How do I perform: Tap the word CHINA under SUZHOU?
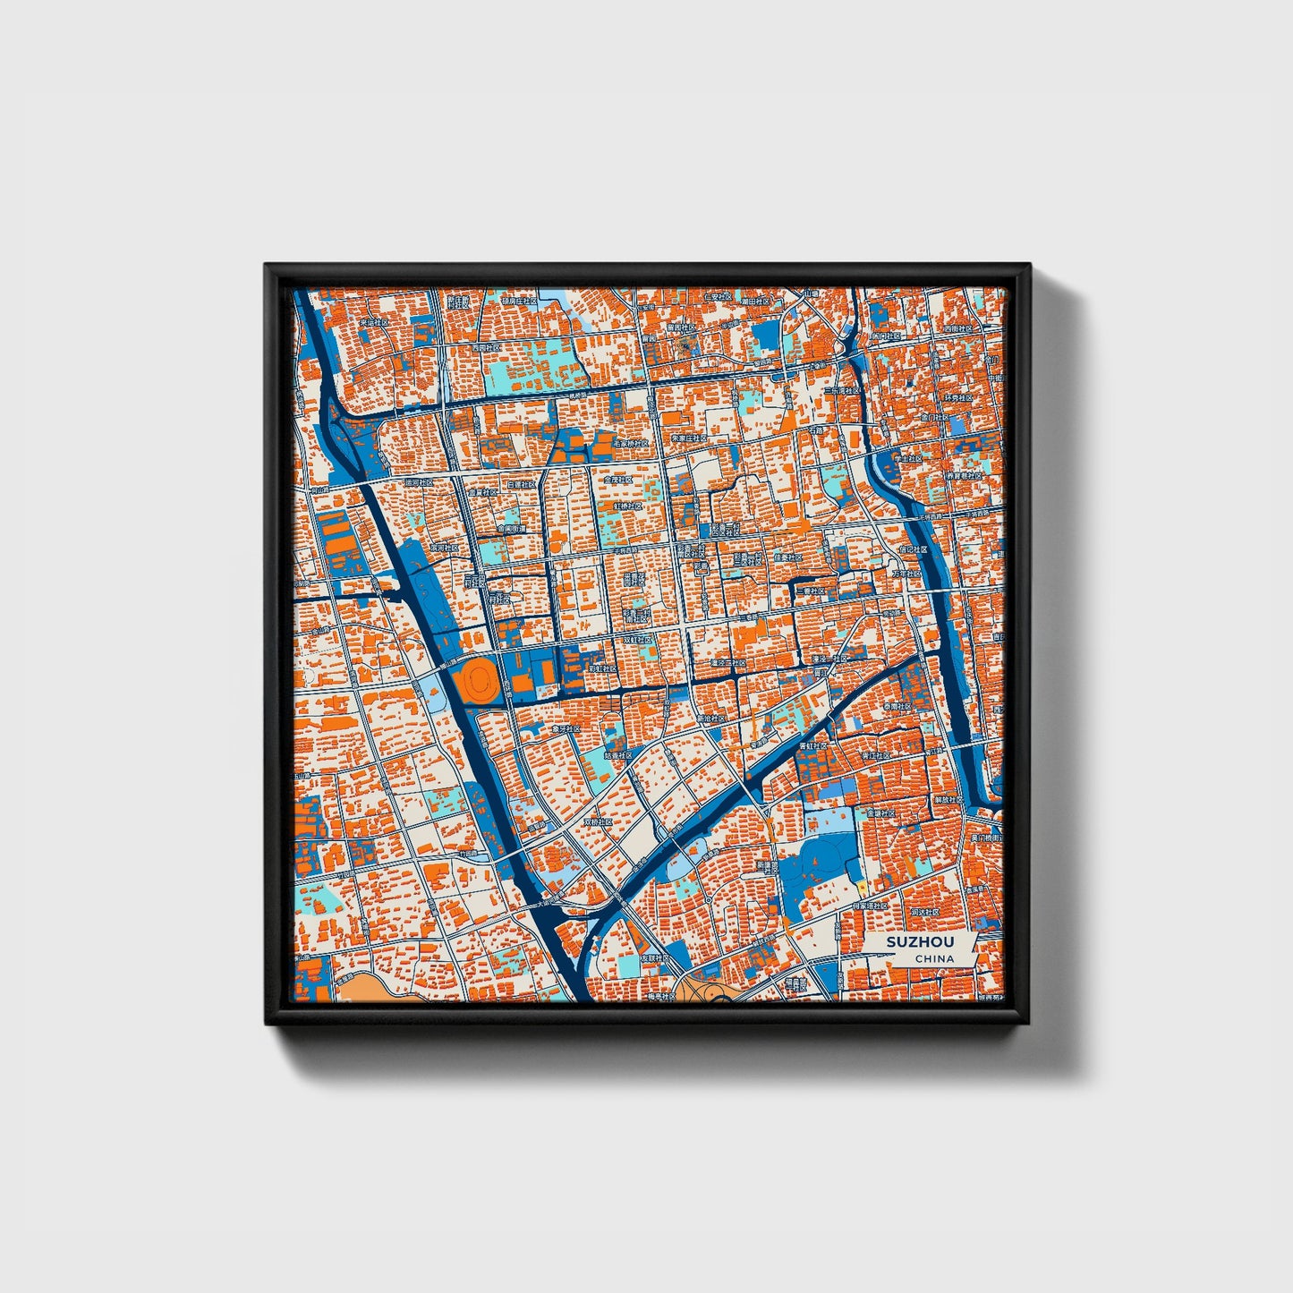(x=933, y=958)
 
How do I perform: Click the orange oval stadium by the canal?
(x=476, y=681)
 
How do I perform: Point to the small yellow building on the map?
(x=862, y=886)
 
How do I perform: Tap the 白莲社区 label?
(x=521, y=484)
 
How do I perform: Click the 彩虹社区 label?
(x=603, y=668)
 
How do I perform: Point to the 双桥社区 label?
(x=599, y=821)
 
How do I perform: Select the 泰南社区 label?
(x=897, y=707)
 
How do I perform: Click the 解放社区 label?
(x=948, y=799)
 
